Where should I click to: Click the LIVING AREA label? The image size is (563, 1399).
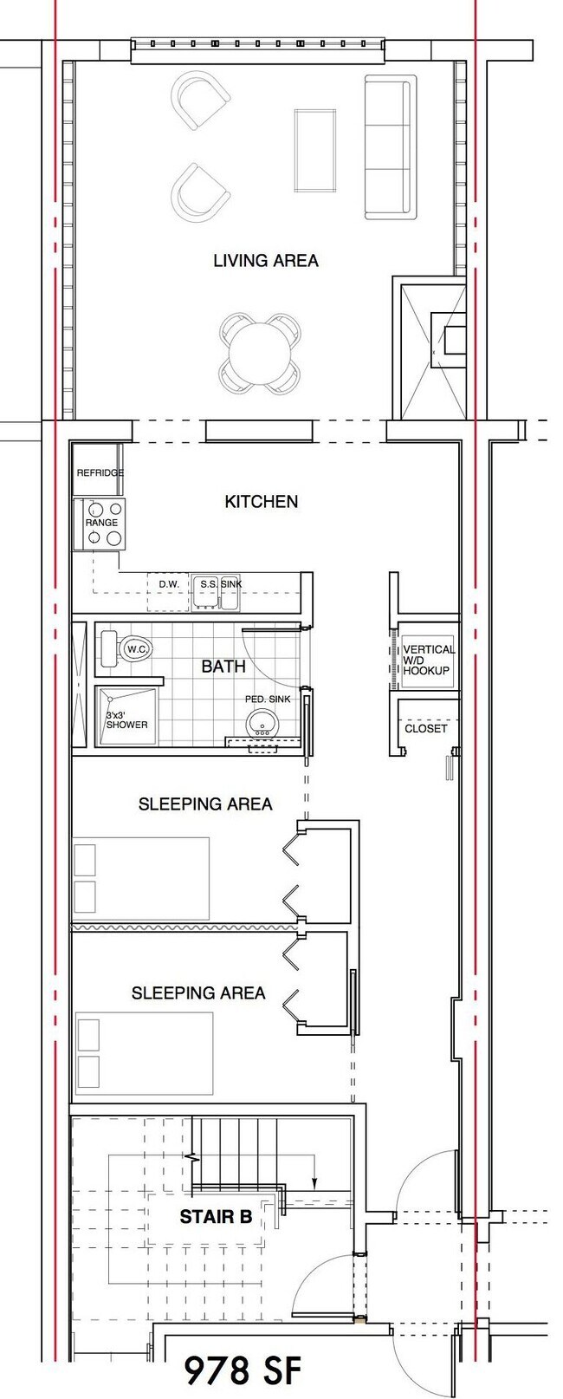[265, 260]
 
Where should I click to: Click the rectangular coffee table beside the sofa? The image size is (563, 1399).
[315, 151]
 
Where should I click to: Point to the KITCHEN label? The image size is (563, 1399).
[261, 501]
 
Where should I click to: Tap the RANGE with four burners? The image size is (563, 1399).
[101, 524]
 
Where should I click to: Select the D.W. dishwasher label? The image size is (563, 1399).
[169, 584]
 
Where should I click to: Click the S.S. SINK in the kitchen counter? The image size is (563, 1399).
[220, 584]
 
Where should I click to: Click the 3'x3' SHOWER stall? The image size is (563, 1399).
[126, 718]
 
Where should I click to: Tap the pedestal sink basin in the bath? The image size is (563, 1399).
[262, 721]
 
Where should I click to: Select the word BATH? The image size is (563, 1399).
[223, 666]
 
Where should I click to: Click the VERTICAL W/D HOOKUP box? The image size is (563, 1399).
[427, 660]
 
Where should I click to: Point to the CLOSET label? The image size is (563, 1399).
[425, 728]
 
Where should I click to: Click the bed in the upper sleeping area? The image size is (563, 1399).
[140, 877]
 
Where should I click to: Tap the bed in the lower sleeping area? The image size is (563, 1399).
[144, 1052]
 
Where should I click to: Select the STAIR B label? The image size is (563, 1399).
[216, 1217]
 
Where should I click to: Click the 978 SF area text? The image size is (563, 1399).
[244, 1370]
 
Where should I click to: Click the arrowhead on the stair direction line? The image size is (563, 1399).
[314, 1185]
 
